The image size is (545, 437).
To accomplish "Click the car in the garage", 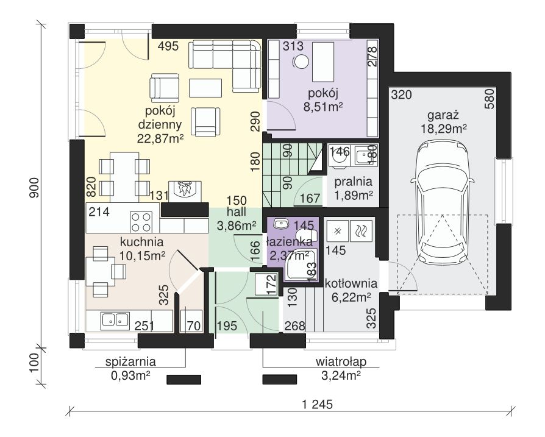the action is click(442, 203).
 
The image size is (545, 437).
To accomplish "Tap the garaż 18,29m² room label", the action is click(444, 122).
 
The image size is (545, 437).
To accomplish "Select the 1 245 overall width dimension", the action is click(318, 404).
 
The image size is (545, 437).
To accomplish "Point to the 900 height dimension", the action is click(34, 188).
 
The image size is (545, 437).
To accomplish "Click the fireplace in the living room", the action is click(185, 191).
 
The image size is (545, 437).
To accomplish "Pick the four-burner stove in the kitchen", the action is click(141, 222).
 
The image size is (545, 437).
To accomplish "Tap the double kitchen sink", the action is click(115, 320).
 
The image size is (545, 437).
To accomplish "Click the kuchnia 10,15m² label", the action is click(142, 249).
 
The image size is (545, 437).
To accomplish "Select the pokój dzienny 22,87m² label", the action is click(160, 125).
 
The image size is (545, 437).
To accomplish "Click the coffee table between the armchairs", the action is click(205, 88).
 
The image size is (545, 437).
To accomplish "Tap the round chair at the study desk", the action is click(301, 62).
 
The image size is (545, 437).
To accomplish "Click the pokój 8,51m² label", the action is click(323, 100).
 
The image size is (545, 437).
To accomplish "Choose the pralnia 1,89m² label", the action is click(353, 188).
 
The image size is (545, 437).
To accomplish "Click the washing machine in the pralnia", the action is click(339, 156).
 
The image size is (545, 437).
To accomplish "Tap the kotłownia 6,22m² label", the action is click(351, 290).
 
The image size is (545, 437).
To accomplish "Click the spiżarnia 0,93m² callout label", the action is click(130, 368).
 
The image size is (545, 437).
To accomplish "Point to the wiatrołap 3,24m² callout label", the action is click(341, 368).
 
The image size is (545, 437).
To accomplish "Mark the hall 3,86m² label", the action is click(237, 219).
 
